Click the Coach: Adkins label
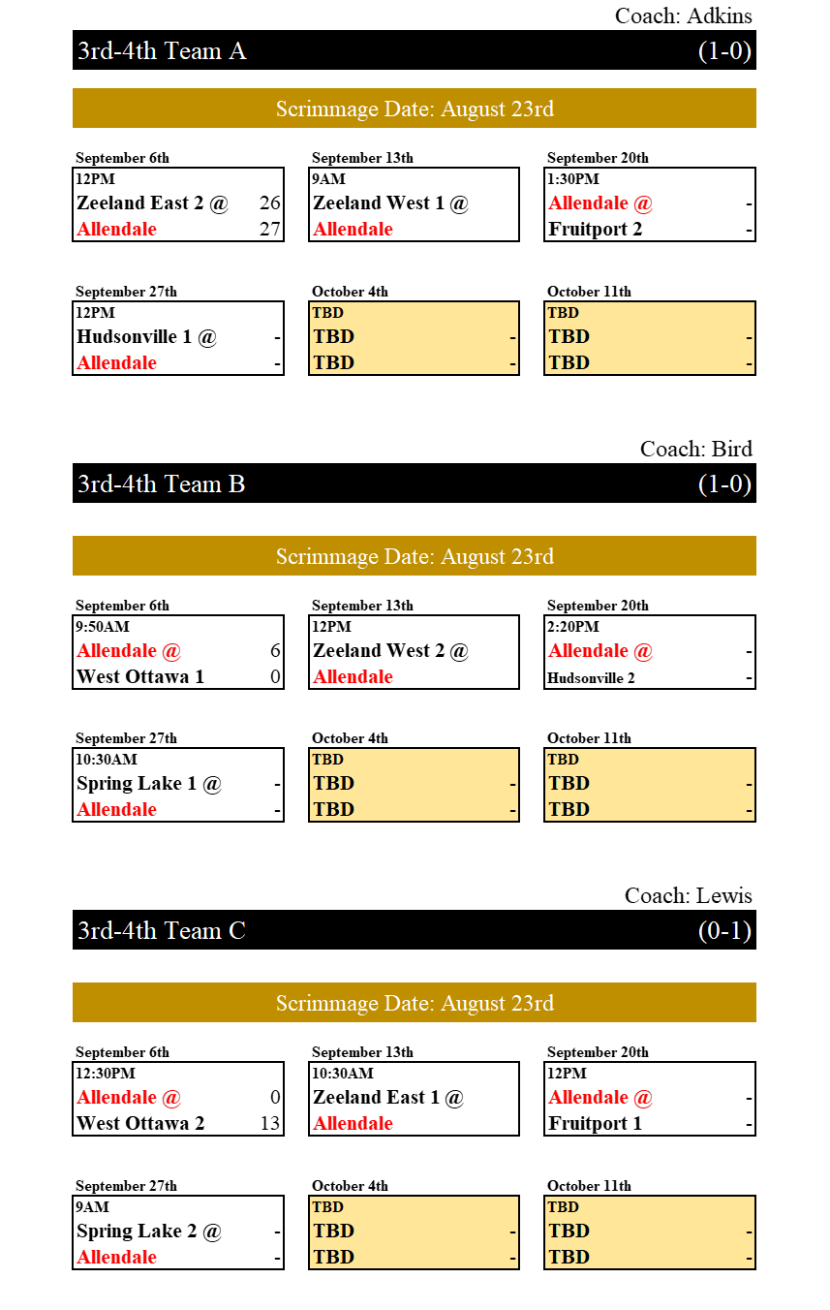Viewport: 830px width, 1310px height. tap(684, 16)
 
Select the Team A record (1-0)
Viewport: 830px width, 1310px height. tap(724, 51)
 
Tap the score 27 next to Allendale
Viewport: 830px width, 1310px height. tap(270, 229)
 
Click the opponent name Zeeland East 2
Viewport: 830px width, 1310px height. tap(140, 203)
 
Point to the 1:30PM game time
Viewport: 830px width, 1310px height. tap(573, 179)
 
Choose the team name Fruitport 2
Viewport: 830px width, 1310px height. tap(595, 229)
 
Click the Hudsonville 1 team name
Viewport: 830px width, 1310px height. tap(135, 336)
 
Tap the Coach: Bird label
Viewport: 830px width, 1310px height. tap(696, 450)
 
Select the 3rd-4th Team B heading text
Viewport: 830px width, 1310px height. tap(162, 484)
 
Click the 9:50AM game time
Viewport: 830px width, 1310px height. tap(103, 627)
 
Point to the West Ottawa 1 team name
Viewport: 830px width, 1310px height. tap(140, 676)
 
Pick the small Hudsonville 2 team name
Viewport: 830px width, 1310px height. tap(591, 678)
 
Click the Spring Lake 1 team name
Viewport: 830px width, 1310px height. tap(137, 784)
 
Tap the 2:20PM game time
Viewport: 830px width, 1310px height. tap(573, 627)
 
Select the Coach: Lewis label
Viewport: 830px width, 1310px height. tap(689, 896)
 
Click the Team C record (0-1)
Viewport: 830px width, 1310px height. tap(724, 931)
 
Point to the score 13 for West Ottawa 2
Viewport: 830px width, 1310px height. tap(270, 1123)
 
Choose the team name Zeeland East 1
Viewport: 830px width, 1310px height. tap(376, 1097)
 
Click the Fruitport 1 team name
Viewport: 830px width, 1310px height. tap(595, 1123)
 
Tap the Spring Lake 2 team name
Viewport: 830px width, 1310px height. tap(137, 1232)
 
